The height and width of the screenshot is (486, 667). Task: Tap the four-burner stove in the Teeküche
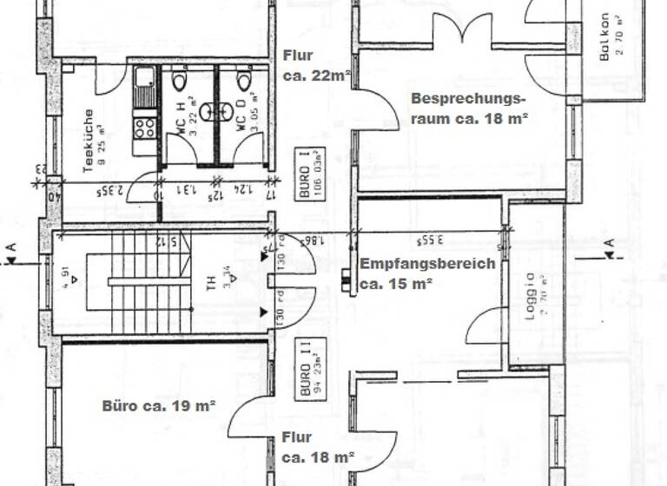[144, 128]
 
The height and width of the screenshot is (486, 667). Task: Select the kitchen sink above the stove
[145, 83]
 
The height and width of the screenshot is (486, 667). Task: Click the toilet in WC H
[180, 82]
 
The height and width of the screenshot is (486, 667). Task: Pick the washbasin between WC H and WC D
[213, 111]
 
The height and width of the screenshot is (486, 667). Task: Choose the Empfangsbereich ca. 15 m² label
[427, 273]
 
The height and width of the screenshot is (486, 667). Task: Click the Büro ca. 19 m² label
[158, 404]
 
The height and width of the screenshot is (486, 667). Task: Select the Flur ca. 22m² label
[316, 66]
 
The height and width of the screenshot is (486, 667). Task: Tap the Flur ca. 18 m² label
[318, 447]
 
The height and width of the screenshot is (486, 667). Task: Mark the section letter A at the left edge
[11, 250]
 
